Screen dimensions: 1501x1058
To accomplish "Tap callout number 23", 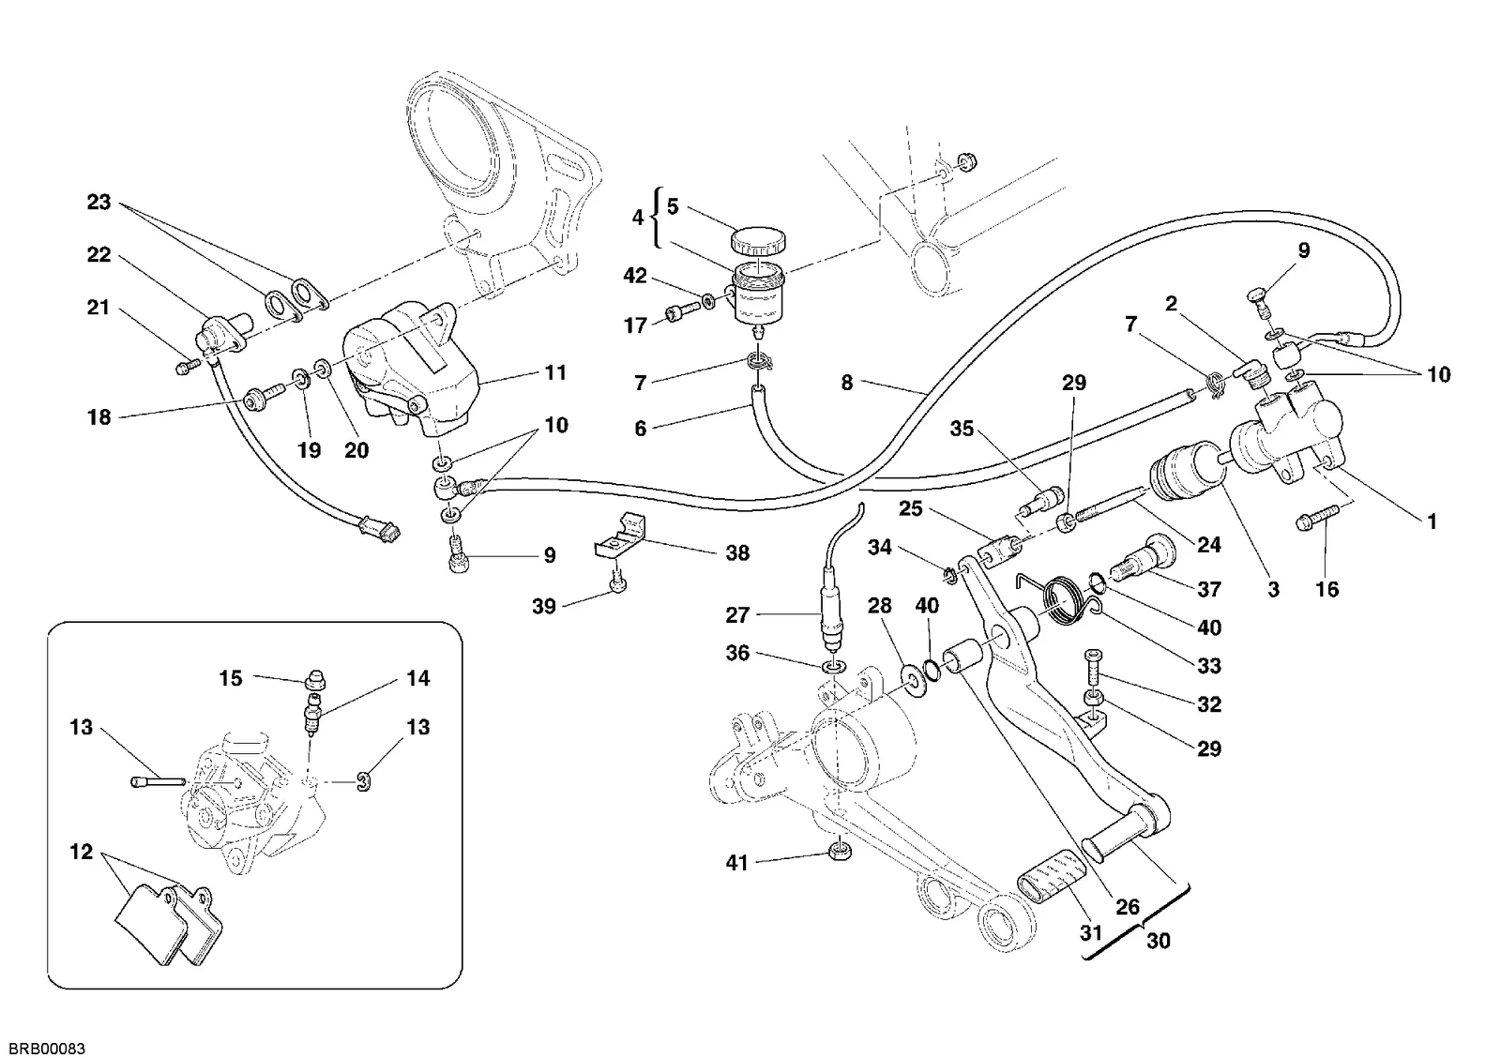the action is pyautogui.click(x=99, y=202).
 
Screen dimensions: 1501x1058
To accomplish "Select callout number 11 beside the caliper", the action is pyautogui.click(x=555, y=372).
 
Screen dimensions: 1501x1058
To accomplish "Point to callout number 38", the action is pyautogui.click(x=737, y=552).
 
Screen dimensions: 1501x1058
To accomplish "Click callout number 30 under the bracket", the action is pyautogui.click(x=1159, y=941).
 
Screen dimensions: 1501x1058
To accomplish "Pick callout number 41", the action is pyautogui.click(x=736, y=863).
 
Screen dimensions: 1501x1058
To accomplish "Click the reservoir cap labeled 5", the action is pyautogui.click(x=758, y=241).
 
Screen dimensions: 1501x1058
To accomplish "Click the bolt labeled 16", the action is pyautogui.click(x=1317, y=520).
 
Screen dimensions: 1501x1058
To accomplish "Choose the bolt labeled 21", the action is pyautogui.click(x=188, y=366).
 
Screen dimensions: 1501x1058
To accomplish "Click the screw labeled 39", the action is pyautogui.click(x=618, y=582).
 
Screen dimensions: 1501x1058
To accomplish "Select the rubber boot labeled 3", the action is pyautogui.click(x=1185, y=479).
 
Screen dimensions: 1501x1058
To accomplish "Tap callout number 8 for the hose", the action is pyautogui.click(x=847, y=383).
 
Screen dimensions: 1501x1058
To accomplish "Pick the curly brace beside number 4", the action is pyautogui.click(x=658, y=218).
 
